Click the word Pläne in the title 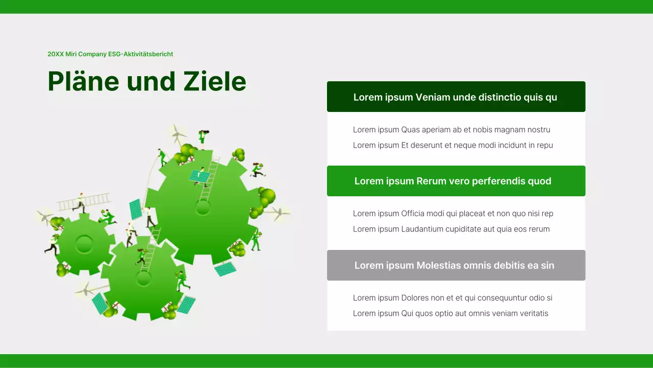click(x=83, y=82)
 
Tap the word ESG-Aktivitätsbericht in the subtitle click(x=141, y=54)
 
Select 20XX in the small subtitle click(x=55, y=54)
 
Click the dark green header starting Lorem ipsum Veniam click(x=456, y=97)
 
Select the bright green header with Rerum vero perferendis click(x=456, y=181)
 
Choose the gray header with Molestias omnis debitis click(x=456, y=265)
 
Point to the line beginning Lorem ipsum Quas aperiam click(x=451, y=130)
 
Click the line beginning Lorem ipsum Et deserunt click(x=453, y=145)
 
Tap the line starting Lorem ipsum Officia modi click(x=453, y=214)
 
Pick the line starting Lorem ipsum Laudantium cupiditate click(x=451, y=229)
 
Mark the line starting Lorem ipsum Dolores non click(x=453, y=298)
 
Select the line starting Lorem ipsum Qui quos click(x=450, y=313)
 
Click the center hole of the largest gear click(x=203, y=208)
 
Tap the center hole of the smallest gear click(x=84, y=244)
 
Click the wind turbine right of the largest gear click(x=278, y=213)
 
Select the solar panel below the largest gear click(x=225, y=268)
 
